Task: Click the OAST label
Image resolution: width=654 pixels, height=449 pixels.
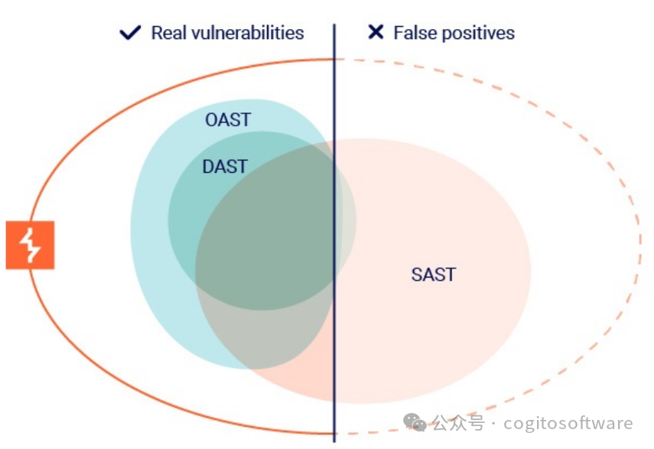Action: pyautogui.click(x=228, y=120)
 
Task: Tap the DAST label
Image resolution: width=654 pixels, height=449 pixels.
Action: pyautogui.click(x=225, y=167)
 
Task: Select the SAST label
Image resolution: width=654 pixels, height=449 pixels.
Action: pyautogui.click(x=433, y=275)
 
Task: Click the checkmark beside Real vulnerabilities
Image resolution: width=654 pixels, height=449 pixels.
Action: pyautogui.click(x=131, y=33)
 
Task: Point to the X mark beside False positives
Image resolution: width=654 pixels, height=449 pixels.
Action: pyautogui.click(x=376, y=32)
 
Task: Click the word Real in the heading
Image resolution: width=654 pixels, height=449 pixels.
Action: pyautogui.click(x=168, y=33)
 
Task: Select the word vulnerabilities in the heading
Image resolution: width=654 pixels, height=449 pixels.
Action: pyautogui.click(x=246, y=33)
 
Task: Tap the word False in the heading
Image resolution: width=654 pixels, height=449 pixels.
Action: pyautogui.click(x=412, y=33)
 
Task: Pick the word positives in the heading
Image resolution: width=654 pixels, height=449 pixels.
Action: pyautogui.click(x=476, y=33)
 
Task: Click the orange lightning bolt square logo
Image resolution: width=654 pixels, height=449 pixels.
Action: pyautogui.click(x=30, y=245)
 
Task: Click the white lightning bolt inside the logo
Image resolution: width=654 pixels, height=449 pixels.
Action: pyautogui.click(x=30, y=245)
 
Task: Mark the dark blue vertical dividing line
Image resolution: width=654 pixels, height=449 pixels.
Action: pyautogui.click(x=334, y=229)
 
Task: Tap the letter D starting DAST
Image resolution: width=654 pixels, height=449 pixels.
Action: pyautogui.click(x=208, y=167)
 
